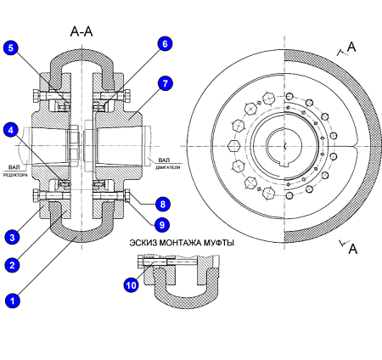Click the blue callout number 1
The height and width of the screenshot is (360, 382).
13,301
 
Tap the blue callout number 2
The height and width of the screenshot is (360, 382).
12,265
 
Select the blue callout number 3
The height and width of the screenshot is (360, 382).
12,237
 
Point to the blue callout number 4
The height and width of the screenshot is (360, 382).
11,130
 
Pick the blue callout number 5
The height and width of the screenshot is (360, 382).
11,48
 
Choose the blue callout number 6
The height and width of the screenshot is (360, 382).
165,44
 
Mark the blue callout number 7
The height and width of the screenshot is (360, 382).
165,84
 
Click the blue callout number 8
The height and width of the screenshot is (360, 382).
163,204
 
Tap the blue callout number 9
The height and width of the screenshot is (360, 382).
162,225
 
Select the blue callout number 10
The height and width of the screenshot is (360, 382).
132,285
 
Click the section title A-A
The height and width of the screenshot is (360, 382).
81,31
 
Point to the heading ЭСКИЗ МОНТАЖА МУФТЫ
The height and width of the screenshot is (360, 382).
182,243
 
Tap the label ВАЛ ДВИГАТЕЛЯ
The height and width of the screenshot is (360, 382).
167,164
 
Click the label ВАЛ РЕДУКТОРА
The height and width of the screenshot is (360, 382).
15,172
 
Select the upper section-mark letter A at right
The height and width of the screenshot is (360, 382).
351,47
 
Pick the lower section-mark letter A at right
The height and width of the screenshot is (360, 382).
353,249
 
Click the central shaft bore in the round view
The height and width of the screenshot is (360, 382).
284,146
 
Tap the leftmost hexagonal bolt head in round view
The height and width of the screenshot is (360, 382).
234,146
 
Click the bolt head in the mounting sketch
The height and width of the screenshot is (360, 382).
141,262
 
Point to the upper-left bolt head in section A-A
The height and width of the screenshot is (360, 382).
37,96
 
